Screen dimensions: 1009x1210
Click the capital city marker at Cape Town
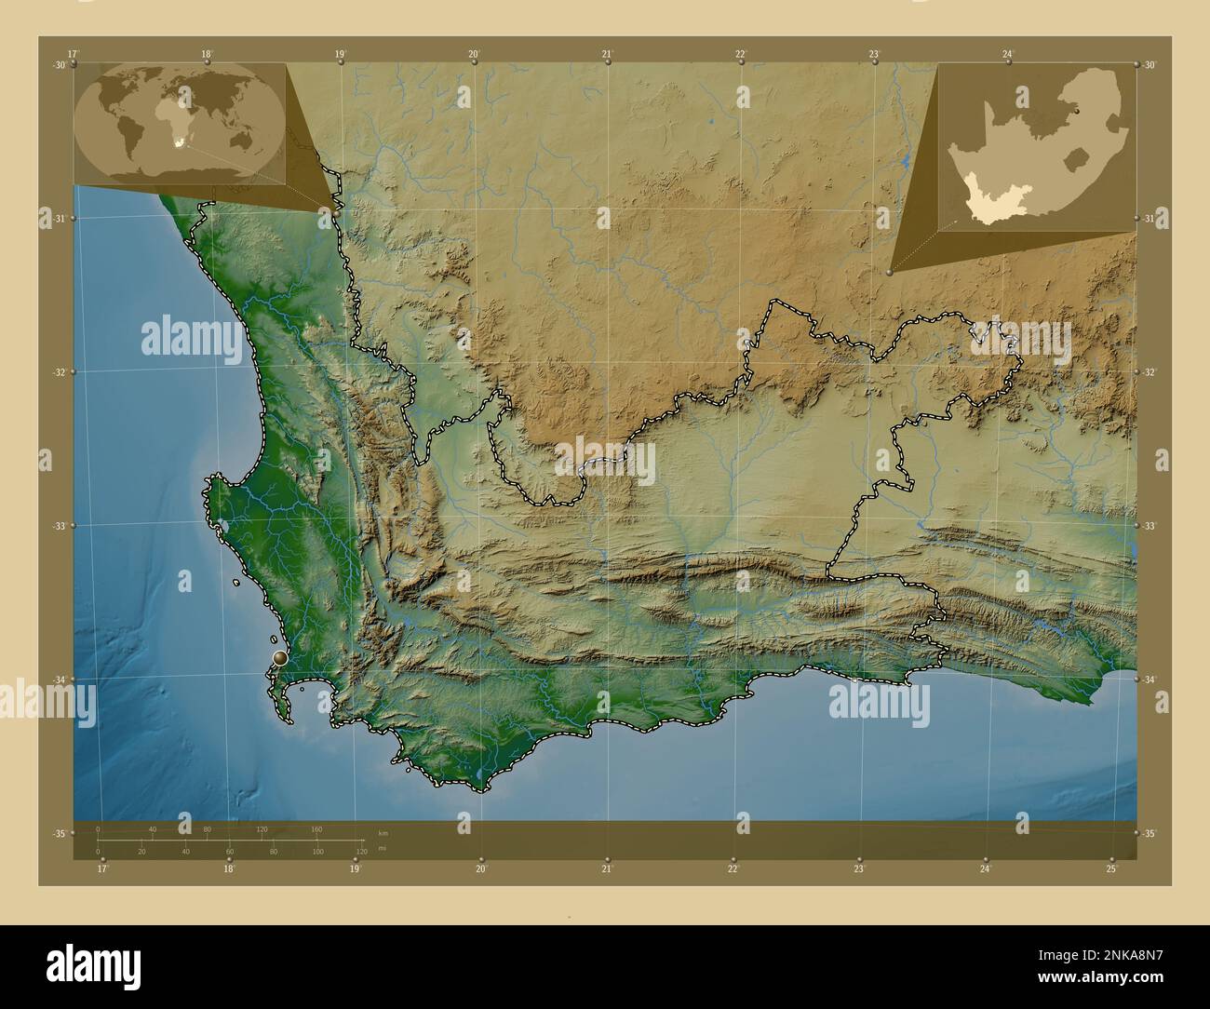tap(280, 658)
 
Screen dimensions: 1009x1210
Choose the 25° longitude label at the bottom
tap(1112, 869)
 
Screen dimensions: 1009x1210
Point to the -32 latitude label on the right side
tap(1149, 372)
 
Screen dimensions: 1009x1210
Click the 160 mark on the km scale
tap(316, 828)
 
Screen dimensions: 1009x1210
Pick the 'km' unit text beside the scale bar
tap(383, 832)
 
